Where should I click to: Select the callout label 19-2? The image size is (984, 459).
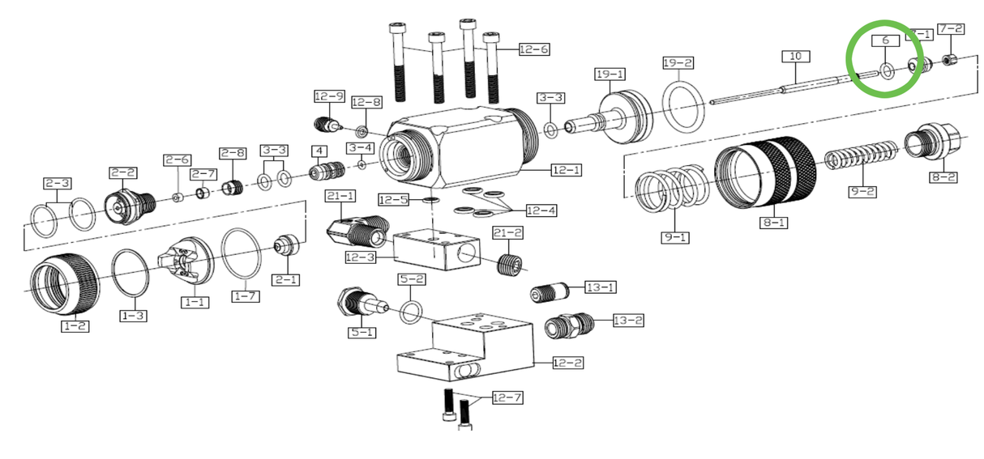pyautogui.click(x=678, y=62)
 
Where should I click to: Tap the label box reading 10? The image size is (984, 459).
pyautogui.click(x=795, y=56)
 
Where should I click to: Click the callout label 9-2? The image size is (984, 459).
pyautogui.click(x=862, y=191)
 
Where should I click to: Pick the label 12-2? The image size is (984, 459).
pyautogui.click(x=567, y=363)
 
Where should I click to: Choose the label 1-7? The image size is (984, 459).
pyautogui.click(x=246, y=296)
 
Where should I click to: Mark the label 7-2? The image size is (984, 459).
pyautogui.click(x=951, y=29)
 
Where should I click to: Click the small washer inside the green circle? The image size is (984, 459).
pyautogui.click(x=887, y=72)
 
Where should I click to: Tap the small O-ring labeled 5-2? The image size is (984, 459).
pyautogui.click(x=412, y=311)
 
